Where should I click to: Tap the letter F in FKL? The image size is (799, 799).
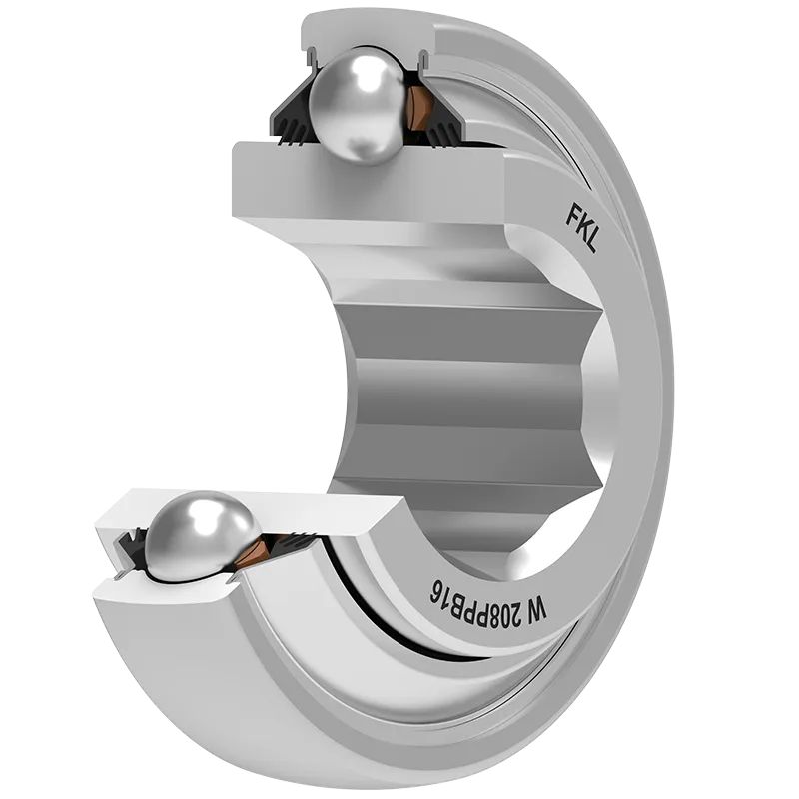pos(572,214)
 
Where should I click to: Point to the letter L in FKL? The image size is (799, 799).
pos(591,244)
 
